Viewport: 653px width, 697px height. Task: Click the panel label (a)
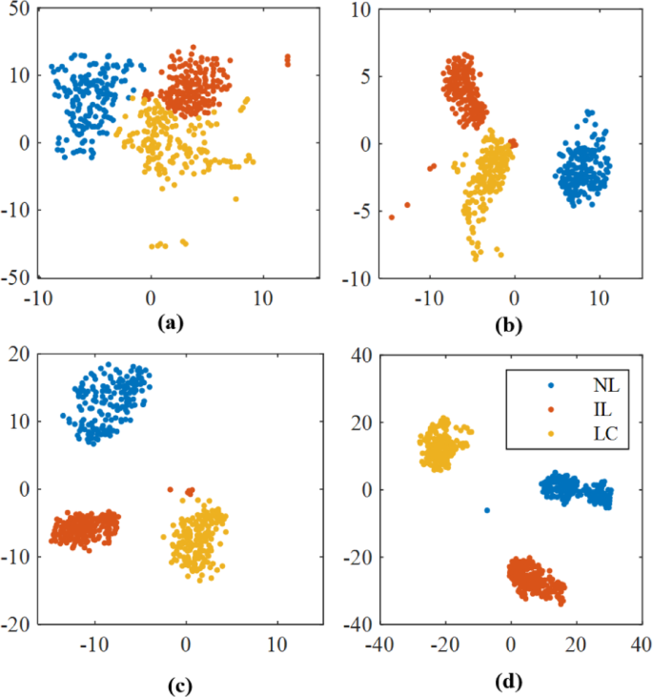point(169,323)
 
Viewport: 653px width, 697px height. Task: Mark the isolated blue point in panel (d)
point(487,510)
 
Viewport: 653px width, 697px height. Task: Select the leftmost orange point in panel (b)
point(392,217)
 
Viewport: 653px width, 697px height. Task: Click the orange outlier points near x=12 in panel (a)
point(287,60)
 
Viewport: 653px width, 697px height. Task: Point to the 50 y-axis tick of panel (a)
point(19,8)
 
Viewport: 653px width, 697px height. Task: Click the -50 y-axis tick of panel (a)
point(15,278)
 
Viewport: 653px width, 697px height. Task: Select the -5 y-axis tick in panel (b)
point(358,211)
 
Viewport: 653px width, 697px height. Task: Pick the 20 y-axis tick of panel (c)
point(19,354)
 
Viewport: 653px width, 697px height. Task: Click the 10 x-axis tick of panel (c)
point(276,644)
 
